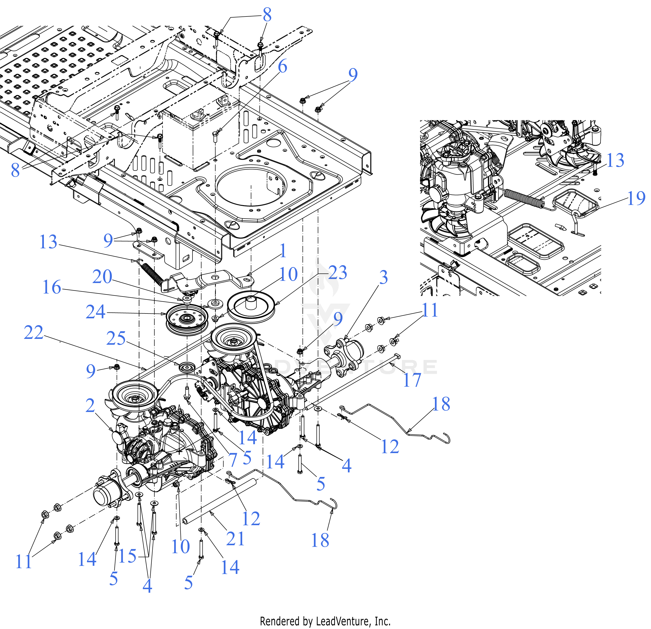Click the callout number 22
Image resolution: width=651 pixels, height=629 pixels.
pos(33,333)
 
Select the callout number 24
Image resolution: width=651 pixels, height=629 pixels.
pos(95,312)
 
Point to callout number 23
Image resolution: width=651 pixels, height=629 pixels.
pos(338,273)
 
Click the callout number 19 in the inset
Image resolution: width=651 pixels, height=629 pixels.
pos(636,198)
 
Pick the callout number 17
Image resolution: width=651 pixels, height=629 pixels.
pos(412,380)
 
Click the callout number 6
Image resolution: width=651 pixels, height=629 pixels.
pos(282,67)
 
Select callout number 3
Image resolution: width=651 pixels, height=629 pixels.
pos(383,277)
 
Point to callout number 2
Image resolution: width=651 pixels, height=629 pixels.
pos(90,406)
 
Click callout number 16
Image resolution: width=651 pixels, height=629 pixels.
pos(52,287)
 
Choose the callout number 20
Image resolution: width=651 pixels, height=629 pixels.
pos(102,277)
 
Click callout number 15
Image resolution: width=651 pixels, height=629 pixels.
pos(127,556)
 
